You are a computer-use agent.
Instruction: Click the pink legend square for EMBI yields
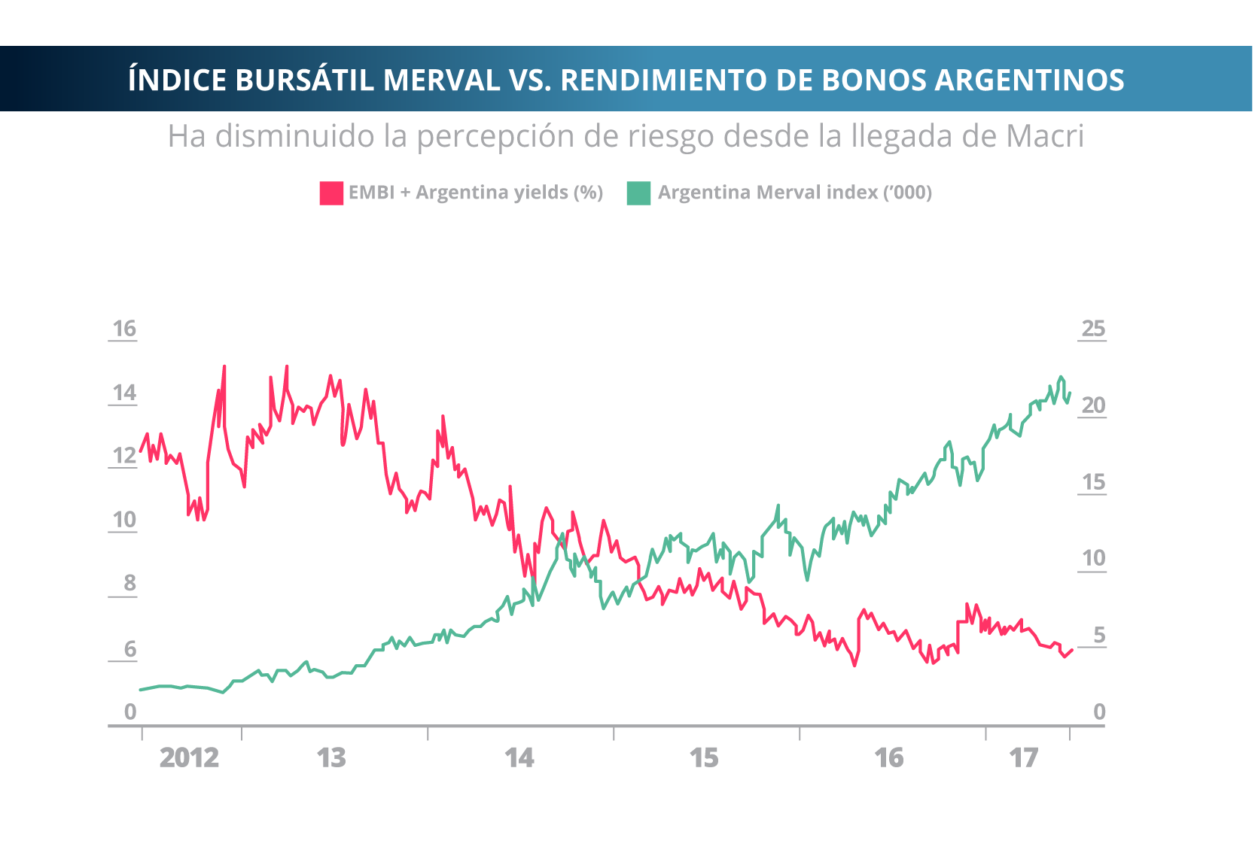pos(331,193)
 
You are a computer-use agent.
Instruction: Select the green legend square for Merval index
pos(638,193)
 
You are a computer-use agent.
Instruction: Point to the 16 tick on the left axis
pos(124,329)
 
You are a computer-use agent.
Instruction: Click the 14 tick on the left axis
pos(124,393)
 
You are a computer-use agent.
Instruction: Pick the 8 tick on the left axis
pos(129,583)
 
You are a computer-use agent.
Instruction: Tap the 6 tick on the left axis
pos(129,649)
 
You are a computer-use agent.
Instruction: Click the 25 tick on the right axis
pos(1093,329)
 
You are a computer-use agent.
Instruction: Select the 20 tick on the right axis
pos(1093,405)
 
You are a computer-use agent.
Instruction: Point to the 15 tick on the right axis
pos(1093,482)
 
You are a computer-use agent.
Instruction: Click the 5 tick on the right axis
pos(1099,636)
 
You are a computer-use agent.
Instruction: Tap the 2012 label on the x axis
pos(189,758)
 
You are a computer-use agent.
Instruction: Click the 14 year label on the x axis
pos(519,758)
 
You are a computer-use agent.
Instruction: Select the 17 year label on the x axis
pos(1024,758)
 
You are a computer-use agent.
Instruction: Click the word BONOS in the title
pos(873,80)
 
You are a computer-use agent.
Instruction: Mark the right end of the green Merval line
pos(1070,392)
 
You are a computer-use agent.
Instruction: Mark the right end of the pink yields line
pos(1072,650)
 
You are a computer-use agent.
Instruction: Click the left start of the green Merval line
pos(141,690)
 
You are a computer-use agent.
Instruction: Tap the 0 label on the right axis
pos(1099,712)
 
